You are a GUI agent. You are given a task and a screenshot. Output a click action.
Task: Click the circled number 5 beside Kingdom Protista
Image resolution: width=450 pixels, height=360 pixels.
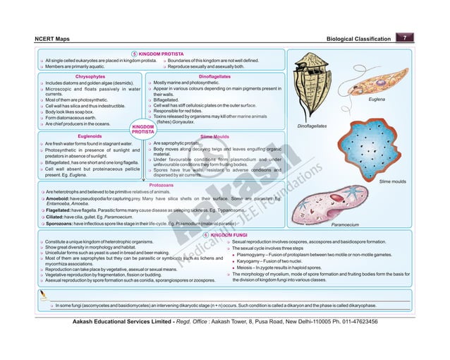pyautogui.click(x=135, y=53)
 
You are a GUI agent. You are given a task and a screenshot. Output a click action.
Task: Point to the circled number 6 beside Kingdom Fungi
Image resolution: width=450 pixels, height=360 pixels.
pyautogui.click(x=206, y=234)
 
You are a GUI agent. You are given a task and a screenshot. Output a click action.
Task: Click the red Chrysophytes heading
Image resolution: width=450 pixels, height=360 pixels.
pyautogui.click(x=90, y=76)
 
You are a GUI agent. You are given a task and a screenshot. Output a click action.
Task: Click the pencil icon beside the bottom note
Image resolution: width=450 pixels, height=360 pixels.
pyautogui.click(x=44, y=294)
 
